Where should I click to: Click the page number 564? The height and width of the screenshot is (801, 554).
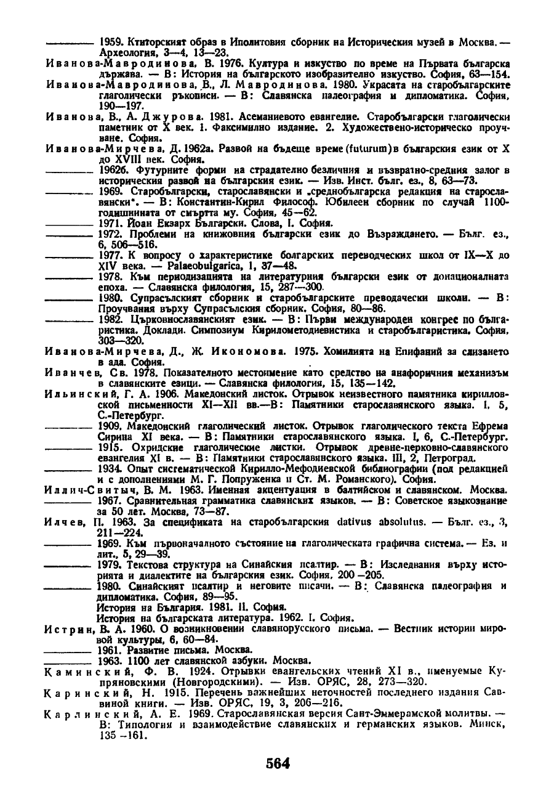277,763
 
